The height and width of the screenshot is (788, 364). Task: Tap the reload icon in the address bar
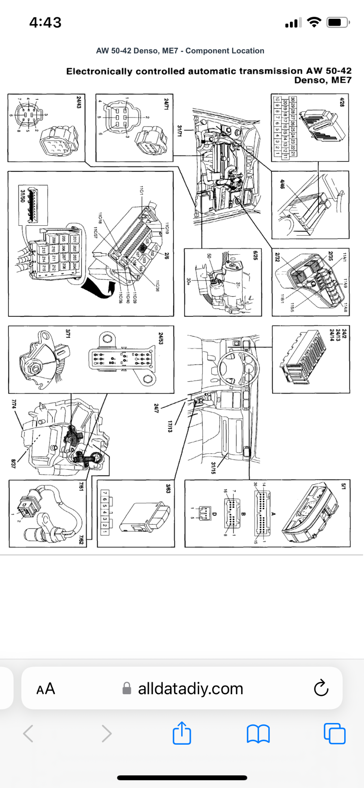[321, 688]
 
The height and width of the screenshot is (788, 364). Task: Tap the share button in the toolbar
[182, 733]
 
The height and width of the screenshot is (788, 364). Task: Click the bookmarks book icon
[258, 734]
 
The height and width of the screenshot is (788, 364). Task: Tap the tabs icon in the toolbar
[334, 733]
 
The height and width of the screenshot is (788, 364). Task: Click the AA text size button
[46, 689]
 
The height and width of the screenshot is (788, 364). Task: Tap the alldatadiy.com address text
[190, 689]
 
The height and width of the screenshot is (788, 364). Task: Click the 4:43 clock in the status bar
[45, 22]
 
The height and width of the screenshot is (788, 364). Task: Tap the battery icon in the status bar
[338, 22]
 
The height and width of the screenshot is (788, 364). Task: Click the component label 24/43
[79, 102]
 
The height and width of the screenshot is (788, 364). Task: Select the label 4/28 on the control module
[342, 102]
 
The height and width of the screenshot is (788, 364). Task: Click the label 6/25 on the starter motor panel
[255, 255]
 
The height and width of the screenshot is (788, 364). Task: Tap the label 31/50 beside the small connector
[23, 196]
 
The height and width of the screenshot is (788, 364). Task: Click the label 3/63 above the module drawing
[168, 489]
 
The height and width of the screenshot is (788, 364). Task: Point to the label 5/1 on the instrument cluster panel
[343, 486]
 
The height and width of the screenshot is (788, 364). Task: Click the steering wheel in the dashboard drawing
[238, 368]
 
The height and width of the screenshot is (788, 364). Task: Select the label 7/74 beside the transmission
[14, 403]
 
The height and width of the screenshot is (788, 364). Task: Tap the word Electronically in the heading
[99, 71]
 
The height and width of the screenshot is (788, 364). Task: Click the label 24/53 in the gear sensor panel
[161, 338]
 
